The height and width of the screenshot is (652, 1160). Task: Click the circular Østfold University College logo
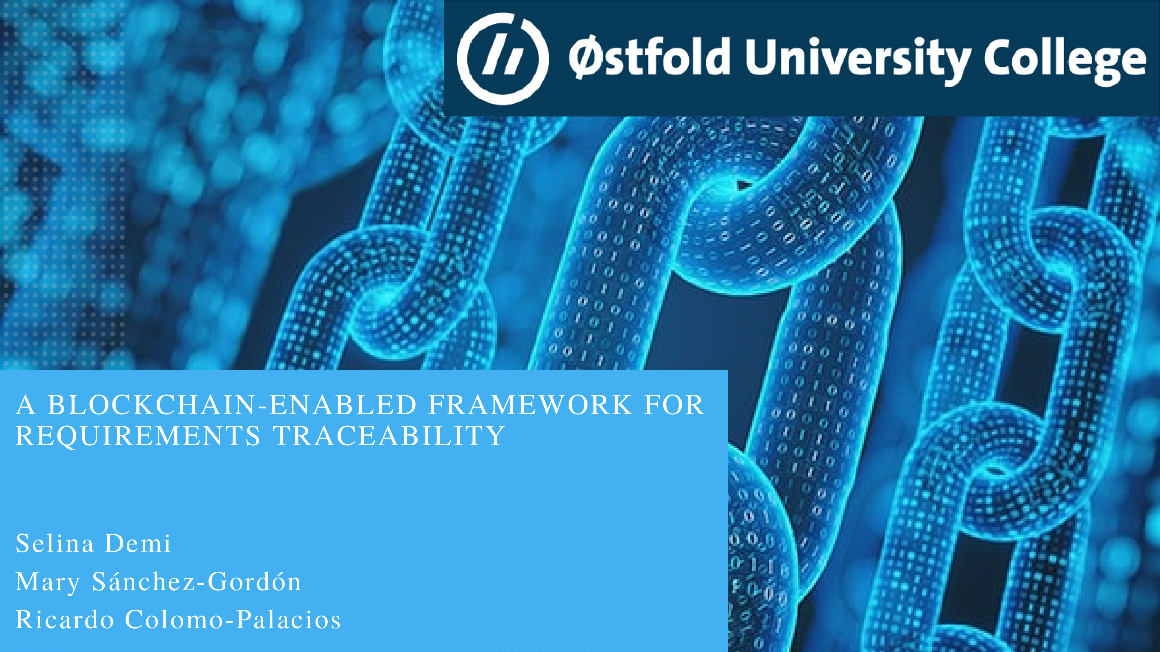503,59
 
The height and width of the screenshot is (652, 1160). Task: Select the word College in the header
1065,61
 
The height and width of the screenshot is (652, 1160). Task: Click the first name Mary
48,582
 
